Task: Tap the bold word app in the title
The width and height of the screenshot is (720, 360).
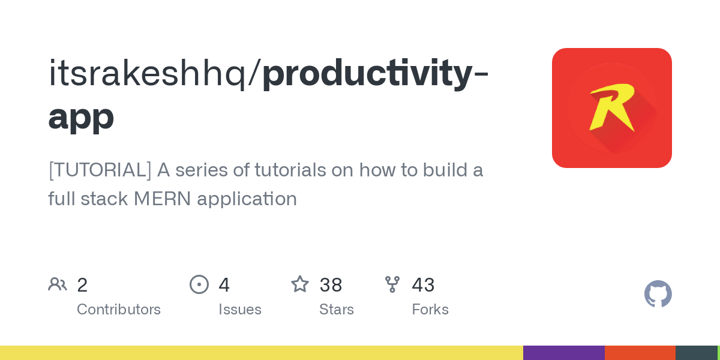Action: tap(81, 116)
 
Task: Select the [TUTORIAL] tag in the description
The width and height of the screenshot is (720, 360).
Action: tap(100, 170)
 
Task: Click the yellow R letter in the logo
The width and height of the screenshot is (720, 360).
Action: tap(611, 107)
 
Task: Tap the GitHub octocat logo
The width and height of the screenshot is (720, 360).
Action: tap(658, 294)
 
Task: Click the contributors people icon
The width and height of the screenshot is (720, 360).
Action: tap(58, 284)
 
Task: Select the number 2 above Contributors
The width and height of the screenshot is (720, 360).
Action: tap(82, 285)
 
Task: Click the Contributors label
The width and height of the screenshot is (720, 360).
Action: tap(119, 310)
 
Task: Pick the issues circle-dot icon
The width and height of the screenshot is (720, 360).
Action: tap(199, 284)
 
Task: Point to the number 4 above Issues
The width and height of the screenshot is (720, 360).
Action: tap(224, 285)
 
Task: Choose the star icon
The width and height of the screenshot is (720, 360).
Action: tap(300, 284)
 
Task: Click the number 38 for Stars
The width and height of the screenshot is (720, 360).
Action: tap(331, 285)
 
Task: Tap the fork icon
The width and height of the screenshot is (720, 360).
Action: tap(392, 284)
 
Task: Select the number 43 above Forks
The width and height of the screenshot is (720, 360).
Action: tap(423, 285)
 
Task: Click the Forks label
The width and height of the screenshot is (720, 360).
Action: tap(430, 310)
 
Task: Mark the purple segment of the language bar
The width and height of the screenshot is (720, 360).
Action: tap(563, 353)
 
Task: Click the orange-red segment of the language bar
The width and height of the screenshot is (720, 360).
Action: tap(640, 353)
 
